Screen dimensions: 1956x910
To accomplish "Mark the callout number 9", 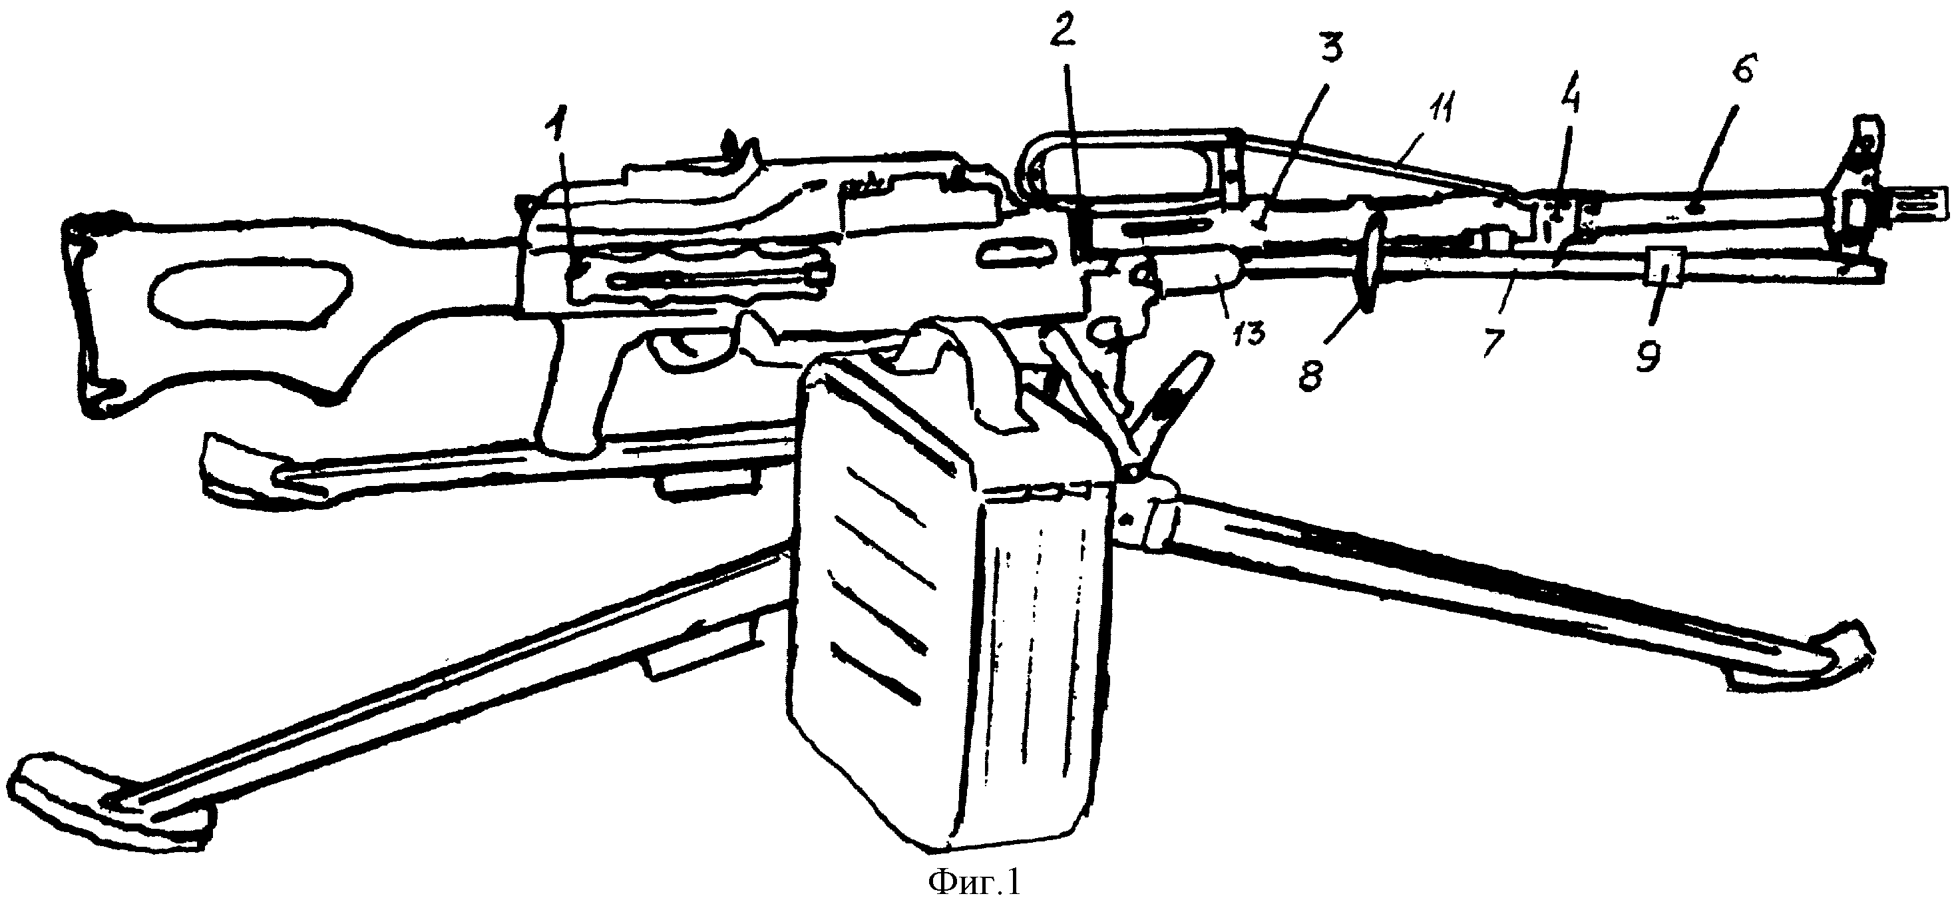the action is click(x=1647, y=354).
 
